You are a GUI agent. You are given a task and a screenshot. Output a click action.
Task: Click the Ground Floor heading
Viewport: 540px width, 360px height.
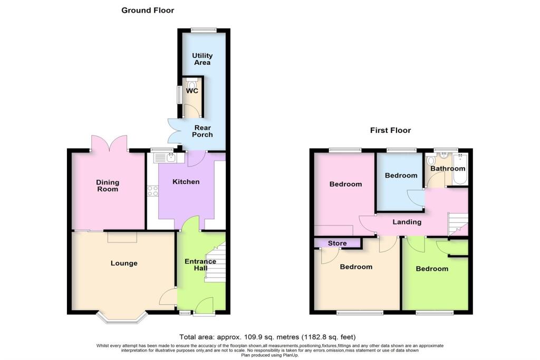(148, 11)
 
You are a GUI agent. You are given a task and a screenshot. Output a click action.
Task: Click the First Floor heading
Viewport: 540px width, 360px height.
(391, 130)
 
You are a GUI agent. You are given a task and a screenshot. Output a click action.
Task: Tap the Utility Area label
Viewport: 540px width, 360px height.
(202, 59)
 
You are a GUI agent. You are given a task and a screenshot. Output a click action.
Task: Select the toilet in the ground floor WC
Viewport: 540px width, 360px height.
(192, 84)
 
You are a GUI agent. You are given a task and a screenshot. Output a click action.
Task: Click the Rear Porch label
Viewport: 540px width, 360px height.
(202, 131)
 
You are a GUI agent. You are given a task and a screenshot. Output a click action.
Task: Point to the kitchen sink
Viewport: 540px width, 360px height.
(165, 158)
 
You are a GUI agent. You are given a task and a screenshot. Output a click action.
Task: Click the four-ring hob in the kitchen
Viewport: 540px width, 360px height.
(153, 191)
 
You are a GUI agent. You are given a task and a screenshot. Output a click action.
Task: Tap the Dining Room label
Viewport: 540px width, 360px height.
(108, 186)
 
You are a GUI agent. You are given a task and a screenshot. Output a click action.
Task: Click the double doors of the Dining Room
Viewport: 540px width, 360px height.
(110, 143)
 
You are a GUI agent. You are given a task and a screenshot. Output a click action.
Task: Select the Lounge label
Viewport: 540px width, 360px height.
(124, 264)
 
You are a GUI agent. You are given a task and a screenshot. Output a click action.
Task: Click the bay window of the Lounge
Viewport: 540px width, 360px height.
(122, 318)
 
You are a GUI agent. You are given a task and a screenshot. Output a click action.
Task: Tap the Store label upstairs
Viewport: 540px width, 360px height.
(337, 244)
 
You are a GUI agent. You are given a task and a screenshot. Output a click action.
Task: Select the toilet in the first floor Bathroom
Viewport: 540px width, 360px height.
(430, 161)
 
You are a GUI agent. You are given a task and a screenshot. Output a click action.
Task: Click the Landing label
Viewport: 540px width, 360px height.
(407, 222)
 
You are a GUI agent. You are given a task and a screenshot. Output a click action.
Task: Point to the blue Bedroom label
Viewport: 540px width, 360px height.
(401, 176)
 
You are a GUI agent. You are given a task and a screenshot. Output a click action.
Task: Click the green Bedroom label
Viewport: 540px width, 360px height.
(432, 269)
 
